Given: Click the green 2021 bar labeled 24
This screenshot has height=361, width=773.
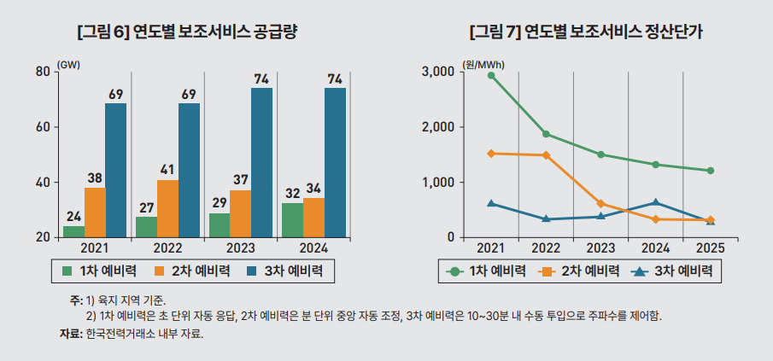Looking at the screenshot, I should pos(73,231).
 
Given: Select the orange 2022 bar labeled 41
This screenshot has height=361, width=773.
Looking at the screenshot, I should pos(168,208).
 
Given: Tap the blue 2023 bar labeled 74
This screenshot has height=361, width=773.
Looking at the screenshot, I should pos(261,162).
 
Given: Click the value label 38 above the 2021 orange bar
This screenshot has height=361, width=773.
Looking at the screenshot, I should pos(95,178).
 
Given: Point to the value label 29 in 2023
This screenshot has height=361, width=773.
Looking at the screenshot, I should pos(220,203).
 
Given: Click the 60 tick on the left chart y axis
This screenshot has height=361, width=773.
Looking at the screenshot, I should pos(42,127).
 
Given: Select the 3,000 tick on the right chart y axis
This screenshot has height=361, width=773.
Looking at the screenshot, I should pos(437,72).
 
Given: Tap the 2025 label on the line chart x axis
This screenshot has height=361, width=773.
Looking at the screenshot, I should pos(711,248).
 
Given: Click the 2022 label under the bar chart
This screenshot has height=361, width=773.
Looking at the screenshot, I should pos(168,248).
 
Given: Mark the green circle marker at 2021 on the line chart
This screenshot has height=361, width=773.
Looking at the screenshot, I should pos(491,75).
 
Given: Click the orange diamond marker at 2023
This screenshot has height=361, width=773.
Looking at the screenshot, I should pos(601,204).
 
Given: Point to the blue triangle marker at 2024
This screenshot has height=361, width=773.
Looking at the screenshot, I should pos(656,202).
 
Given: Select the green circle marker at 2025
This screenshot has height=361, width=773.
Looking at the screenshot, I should pos(711,171).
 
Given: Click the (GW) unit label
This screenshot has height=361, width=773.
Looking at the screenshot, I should pos(68,64).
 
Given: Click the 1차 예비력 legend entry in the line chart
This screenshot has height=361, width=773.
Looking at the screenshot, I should pos(484,271).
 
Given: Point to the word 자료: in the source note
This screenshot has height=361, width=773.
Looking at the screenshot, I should pos(64,334).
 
